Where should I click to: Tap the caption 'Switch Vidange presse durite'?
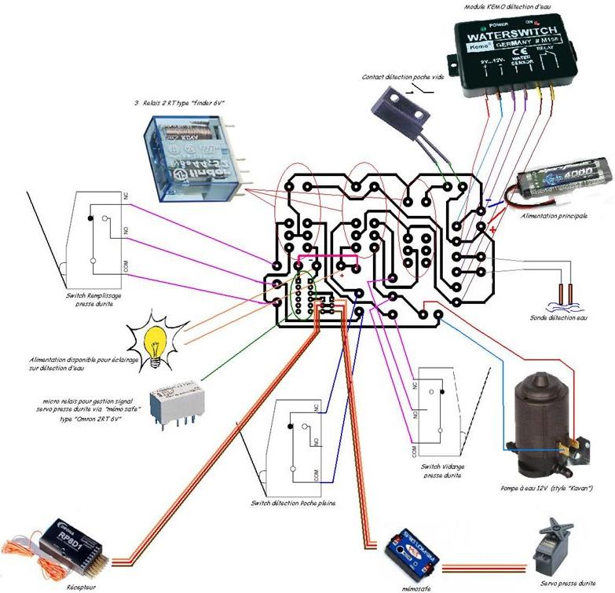coord(440,470)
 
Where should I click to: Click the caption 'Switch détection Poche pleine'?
coord(293,503)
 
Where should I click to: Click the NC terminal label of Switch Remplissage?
coord(126,196)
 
